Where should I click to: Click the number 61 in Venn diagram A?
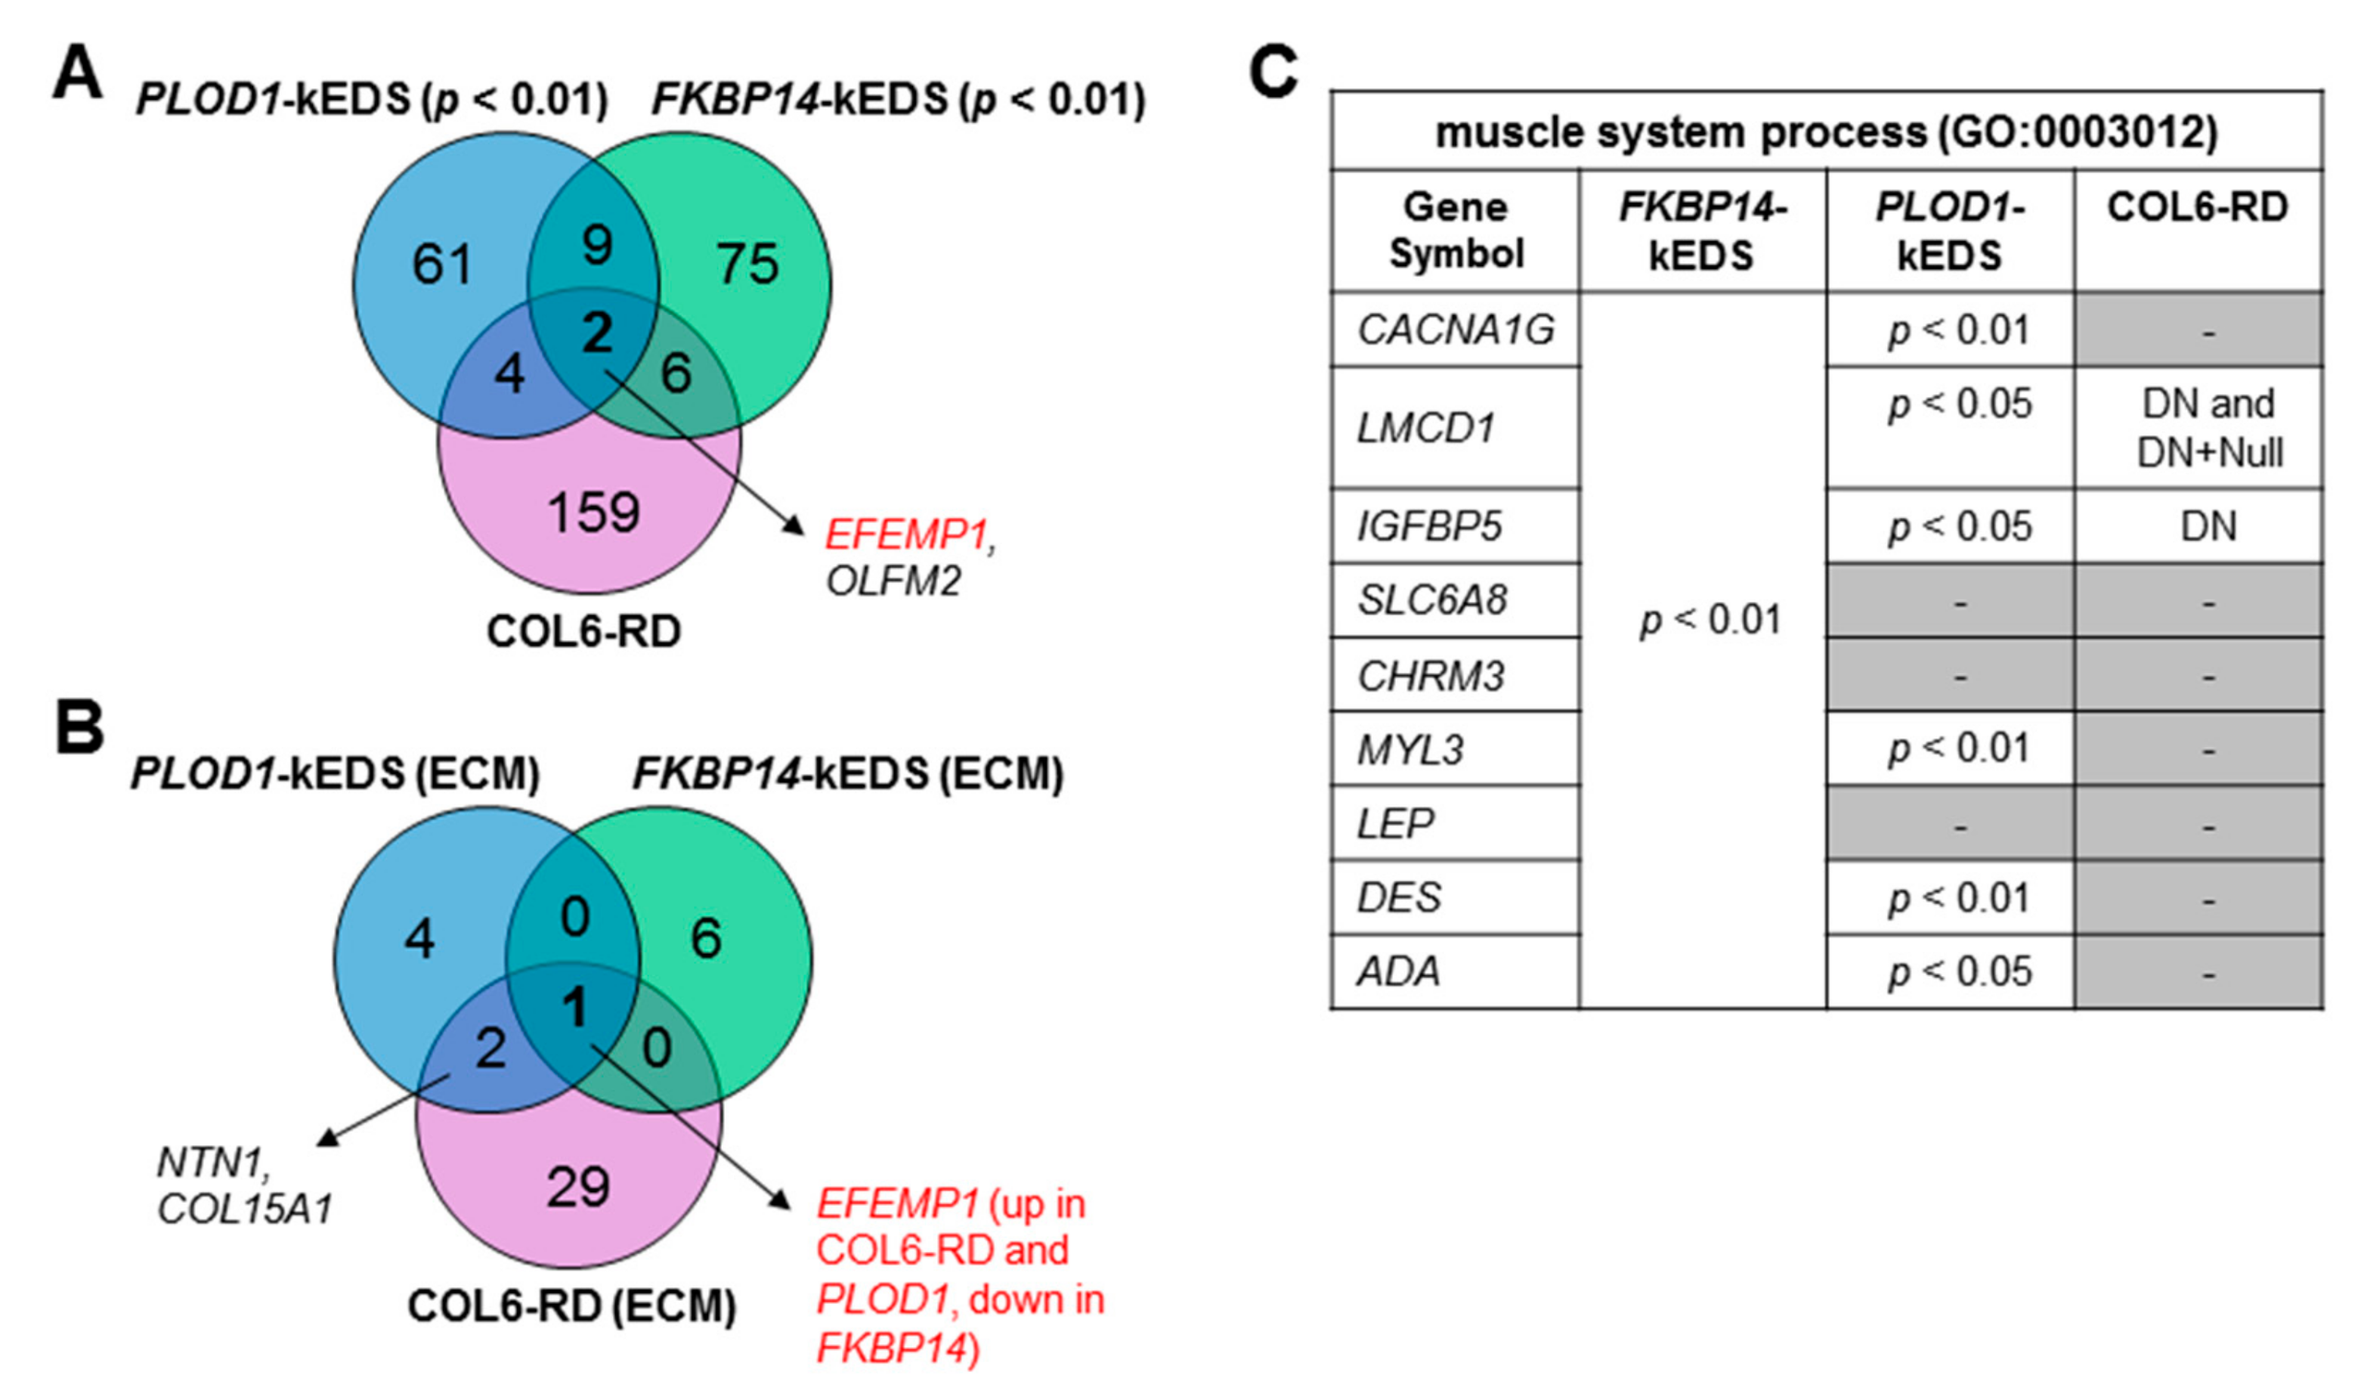441,265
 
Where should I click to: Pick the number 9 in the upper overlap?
596,245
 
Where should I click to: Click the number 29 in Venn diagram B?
578,1186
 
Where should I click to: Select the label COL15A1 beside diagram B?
245,1210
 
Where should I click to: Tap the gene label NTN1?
212,1163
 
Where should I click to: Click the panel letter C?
1273,72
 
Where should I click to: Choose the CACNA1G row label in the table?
1455,330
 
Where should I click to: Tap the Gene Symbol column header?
1455,230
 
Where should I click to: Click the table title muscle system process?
1826,132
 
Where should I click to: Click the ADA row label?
1397,971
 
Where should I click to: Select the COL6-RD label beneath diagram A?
583,632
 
